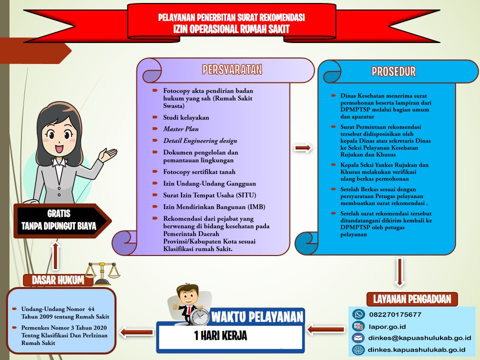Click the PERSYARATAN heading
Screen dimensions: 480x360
[x=232, y=69]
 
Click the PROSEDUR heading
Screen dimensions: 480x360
[x=393, y=71]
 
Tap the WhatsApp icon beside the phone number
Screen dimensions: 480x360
[x=358, y=314]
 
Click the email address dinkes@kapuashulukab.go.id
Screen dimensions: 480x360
[x=419, y=338]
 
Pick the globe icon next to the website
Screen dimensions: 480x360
[x=358, y=349]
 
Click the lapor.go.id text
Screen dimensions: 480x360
[x=387, y=326]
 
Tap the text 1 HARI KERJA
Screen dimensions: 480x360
[x=220, y=335]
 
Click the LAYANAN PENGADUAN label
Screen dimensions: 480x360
[x=412, y=299]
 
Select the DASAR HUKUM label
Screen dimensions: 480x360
[x=58, y=280]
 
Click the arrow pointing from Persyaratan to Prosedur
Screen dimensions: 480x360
[x=303, y=148]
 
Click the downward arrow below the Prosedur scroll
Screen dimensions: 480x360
[x=399, y=272]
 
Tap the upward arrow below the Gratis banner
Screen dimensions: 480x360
[x=55, y=256]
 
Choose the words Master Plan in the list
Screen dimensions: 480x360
[x=180, y=129]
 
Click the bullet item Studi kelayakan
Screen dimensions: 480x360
[x=186, y=117]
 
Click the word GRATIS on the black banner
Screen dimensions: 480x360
[x=59, y=213]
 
